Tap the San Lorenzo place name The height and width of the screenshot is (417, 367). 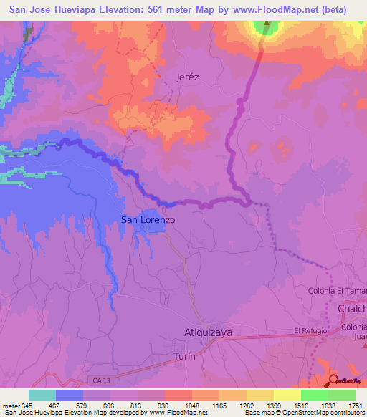click(x=148, y=220)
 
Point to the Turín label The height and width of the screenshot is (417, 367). click(x=184, y=356)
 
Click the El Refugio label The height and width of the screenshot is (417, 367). click(x=310, y=331)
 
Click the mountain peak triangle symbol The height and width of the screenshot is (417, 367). click(x=267, y=29)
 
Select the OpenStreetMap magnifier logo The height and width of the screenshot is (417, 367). click(x=334, y=380)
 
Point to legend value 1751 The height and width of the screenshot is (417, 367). click(x=355, y=406)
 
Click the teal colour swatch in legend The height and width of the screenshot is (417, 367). click(x=42, y=395)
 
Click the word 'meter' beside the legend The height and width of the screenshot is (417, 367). click(x=11, y=406)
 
